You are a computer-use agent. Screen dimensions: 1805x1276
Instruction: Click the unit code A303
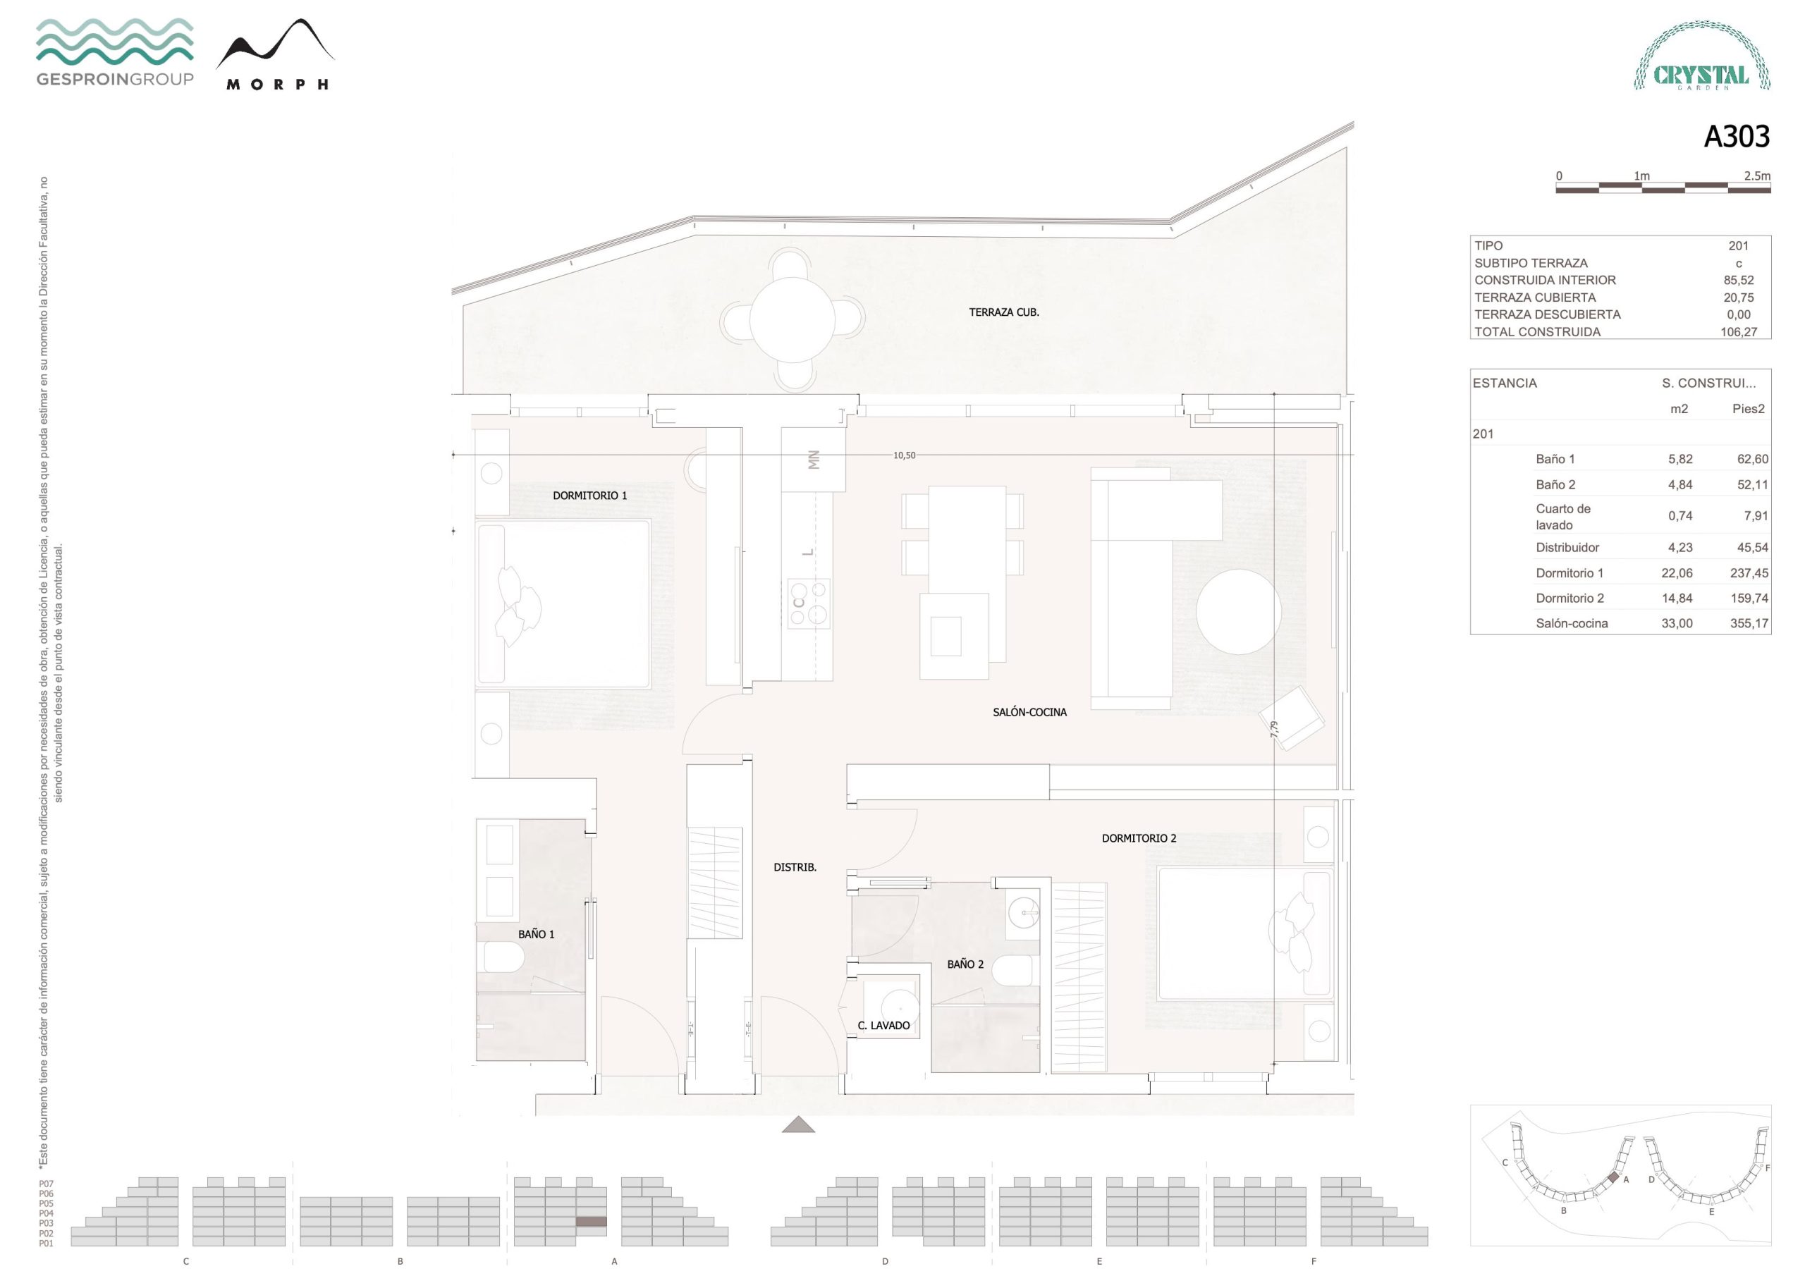pyautogui.click(x=1736, y=137)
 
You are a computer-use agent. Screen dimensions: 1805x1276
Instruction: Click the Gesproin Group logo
pyautogui.click(x=115, y=52)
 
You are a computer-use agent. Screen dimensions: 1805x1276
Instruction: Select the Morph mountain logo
pyautogui.click(x=276, y=54)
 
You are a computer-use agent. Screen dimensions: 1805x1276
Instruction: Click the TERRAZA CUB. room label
pyautogui.click(x=1004, y=312)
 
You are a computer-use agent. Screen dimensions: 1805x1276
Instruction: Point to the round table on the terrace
pyautogui.click(x=793, y=320)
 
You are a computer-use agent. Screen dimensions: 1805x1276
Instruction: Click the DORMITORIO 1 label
pyautogui.click(x=589, y=496)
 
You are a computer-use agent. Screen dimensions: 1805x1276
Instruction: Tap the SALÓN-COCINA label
pyautogui.click(x=1030, y=712)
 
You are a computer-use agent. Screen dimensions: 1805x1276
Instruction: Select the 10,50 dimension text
pyautogui.click(x=904, y=455)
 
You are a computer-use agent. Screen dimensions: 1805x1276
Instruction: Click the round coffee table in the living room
pyautogui.click(x=1239, y=612)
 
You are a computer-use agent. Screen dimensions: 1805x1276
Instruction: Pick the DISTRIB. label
pyautogui.click(x=795, y=867)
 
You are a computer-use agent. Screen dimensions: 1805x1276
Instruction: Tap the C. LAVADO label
pyautogui.click(x=883, y=1025)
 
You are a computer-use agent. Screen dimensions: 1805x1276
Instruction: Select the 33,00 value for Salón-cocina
pyautogui.click(x=1677, y=623)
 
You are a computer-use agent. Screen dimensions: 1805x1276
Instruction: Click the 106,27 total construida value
pyautogui.click(x=1739, y=332)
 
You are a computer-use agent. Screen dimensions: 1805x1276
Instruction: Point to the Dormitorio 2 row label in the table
pyautogui.click(x=1570, y=599)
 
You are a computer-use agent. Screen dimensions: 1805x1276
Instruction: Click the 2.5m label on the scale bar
pyautogui.click(x=1757, y=176)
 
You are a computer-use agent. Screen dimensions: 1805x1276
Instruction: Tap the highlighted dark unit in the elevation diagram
pyautogui.click(x=591, y=1222)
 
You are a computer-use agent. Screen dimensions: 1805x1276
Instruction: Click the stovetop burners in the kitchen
pyautogui.click(x=809, y=603)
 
